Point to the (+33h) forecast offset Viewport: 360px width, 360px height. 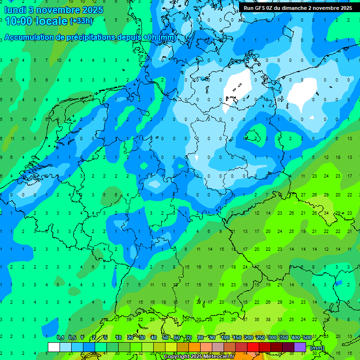[81, 21]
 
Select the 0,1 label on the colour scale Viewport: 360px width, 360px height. [60, 337]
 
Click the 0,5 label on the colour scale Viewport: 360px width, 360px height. [72, 337]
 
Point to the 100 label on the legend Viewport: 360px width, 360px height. [225, 337]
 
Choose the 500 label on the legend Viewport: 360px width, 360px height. [307, 337]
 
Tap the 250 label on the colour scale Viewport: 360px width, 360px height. [260, 337]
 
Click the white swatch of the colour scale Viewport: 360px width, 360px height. [54, 347]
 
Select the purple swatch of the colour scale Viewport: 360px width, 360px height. [300, 347]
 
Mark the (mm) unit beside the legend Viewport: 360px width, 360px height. [317, 348]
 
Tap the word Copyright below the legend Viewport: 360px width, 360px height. [177, 357]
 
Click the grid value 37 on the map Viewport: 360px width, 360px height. [245, 320]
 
